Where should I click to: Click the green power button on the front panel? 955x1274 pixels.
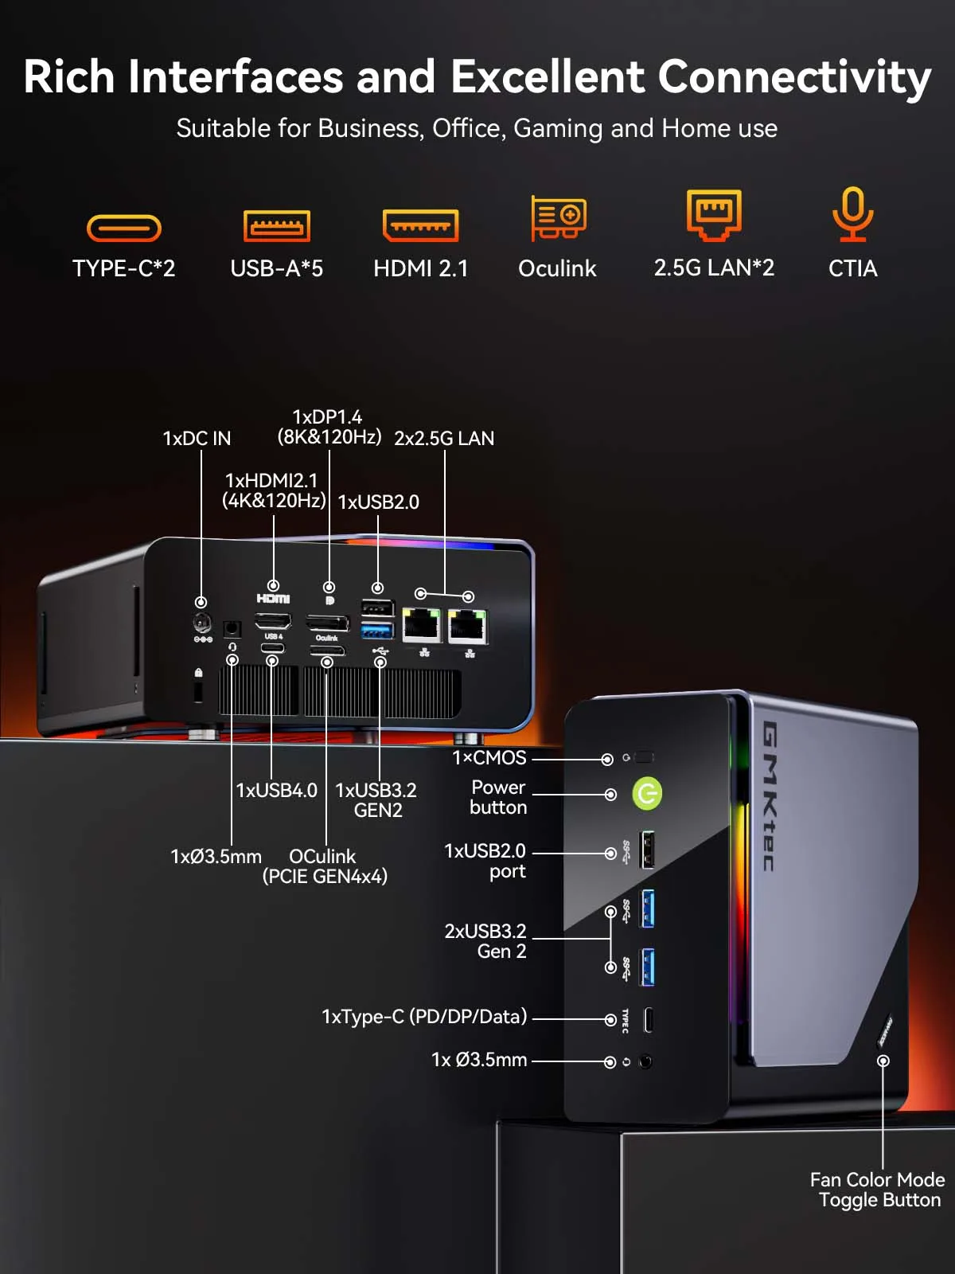point(647,794)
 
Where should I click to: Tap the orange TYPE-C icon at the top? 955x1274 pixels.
point(124,229)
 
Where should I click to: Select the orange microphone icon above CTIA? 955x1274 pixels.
point(852,213)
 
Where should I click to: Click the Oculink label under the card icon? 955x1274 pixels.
point(557,269)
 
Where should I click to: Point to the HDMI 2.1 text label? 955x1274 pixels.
point(420,269)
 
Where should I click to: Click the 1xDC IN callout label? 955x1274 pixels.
point(197,439)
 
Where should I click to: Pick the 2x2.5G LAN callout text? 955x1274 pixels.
point(444,439)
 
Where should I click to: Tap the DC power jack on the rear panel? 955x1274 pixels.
point(202,622)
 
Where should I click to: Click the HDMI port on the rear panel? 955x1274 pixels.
point(273,621)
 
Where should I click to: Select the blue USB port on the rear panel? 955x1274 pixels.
point(377,631)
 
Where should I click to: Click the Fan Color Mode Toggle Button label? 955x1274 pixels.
point(878,1190)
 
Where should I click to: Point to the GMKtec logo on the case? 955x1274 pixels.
point(769,796)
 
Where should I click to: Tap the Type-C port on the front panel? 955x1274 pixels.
point(649,1020)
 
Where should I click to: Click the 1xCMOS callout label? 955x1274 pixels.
point(489,758)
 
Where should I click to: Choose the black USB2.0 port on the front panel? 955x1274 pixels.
point(647,850)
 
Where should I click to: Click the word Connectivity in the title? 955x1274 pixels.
point(794,77)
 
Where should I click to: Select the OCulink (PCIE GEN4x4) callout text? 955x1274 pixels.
point(325,866)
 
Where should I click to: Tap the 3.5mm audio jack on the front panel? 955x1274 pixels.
point(645,1061)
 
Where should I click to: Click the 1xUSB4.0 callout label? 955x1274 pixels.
point(276,791)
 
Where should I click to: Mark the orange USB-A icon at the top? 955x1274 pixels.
point(276,226)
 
